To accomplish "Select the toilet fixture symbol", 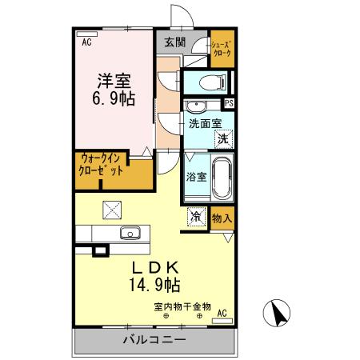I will point(210,82).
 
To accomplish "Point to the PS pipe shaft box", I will point(230,102).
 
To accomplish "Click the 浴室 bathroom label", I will point(197,177).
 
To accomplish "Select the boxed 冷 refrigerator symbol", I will point(196,216).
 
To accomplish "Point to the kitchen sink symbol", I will point(130,234).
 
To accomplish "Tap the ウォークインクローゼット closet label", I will point(101,166).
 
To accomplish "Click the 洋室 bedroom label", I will point(115,81).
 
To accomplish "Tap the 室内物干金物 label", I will point(182,306).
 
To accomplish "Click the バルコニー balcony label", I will point(154,341).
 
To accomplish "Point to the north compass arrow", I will point(278,312).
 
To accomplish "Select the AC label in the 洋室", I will point(86,44).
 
